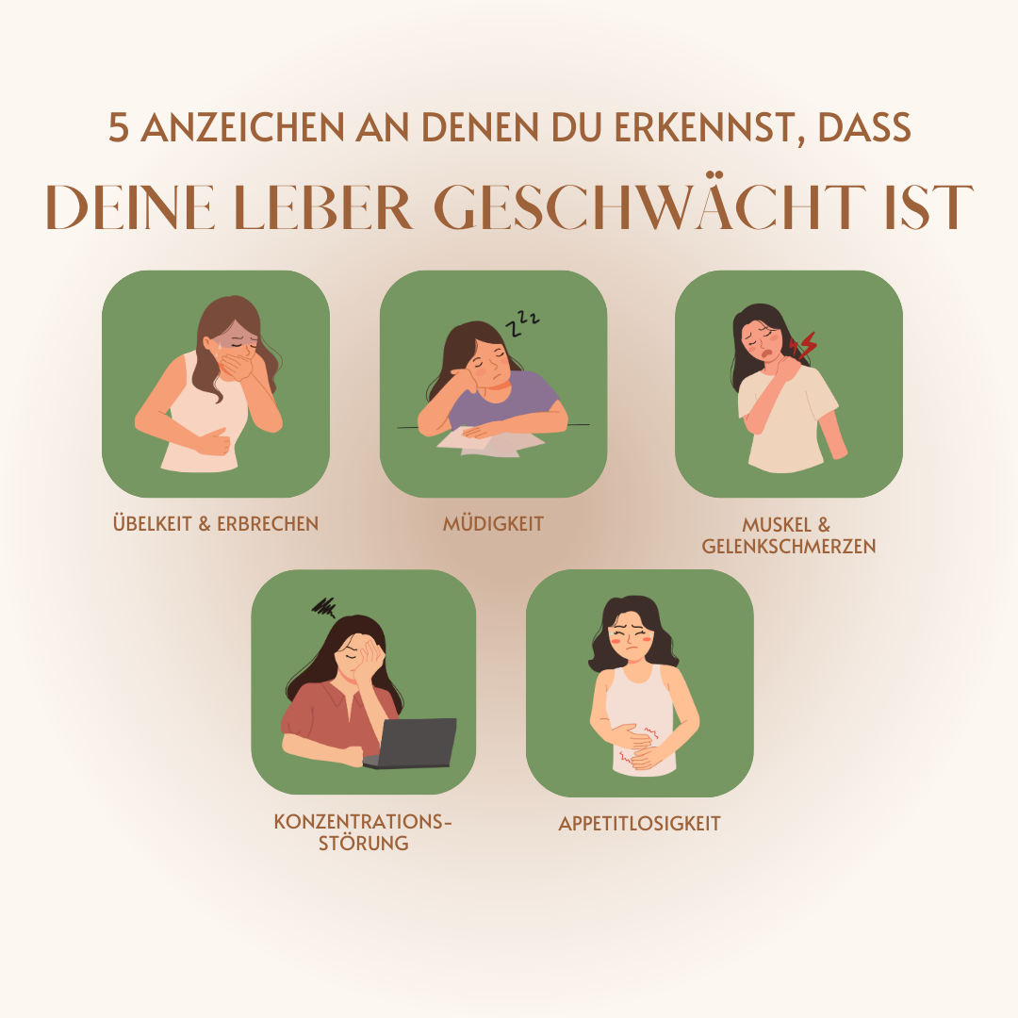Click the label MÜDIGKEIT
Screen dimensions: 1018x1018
[493, 524]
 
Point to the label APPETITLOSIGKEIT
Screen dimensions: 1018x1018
[639, 824]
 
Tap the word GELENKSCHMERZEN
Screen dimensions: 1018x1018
[789, 546]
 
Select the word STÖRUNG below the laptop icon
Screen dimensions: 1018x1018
[362, 844]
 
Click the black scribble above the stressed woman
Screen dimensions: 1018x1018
[325, 605]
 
